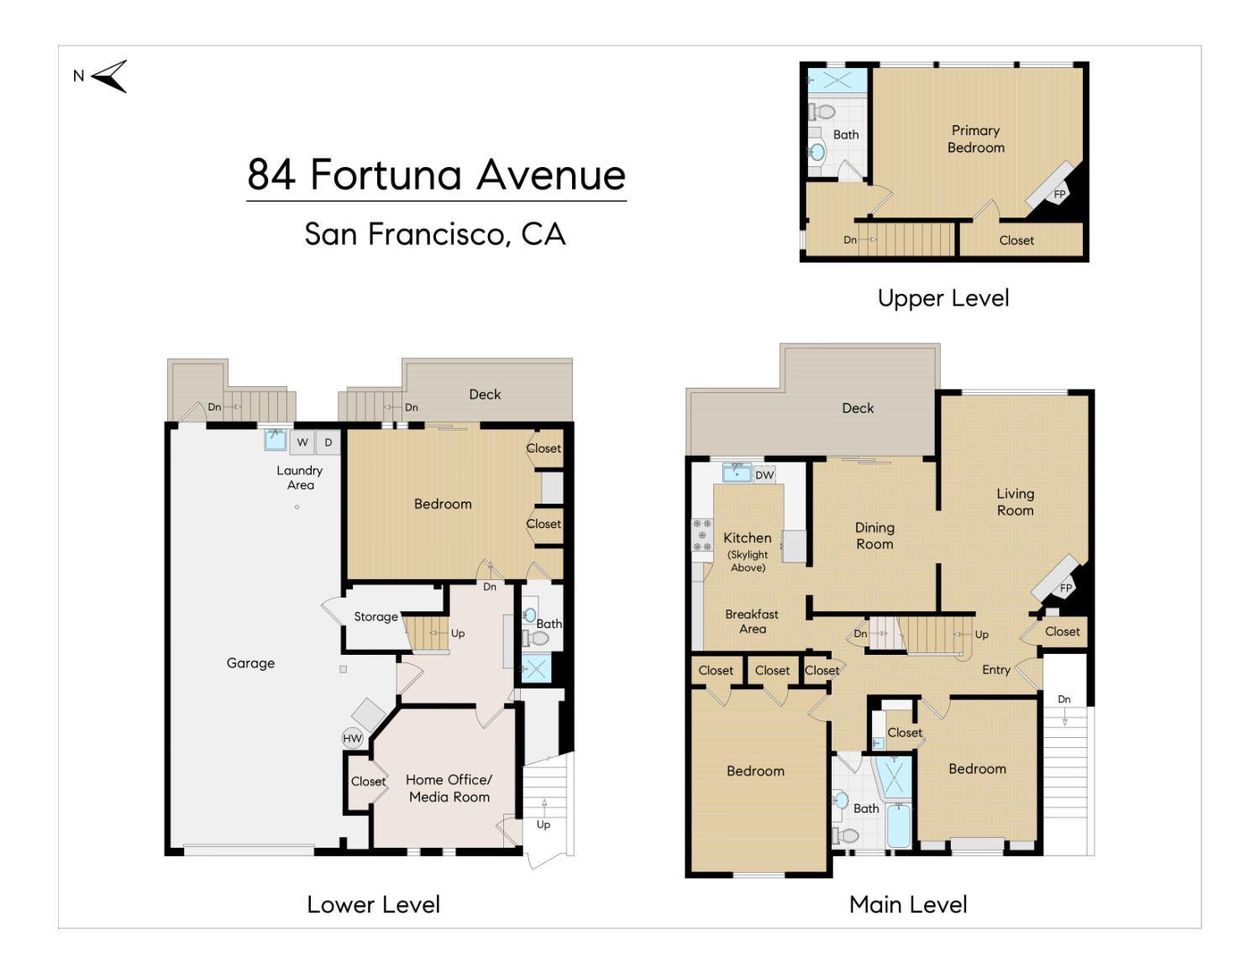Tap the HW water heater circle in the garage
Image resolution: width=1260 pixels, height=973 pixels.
[x=352, y=738]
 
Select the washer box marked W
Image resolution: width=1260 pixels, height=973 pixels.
[x=302, y=442]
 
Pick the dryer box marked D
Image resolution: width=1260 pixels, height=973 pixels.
[x=328, y=442]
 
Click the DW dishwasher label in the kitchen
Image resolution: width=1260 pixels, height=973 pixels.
[x=764, y=474]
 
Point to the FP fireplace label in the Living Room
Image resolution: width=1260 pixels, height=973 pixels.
[x=1066, y=589]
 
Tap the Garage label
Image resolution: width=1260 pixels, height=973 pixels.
[x=250, y=663]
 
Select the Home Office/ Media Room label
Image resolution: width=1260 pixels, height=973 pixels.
[x=449, y=788]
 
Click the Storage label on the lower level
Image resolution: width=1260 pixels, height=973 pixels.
[x=375, y=616]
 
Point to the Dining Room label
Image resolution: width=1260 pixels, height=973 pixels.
[x=875, y=536]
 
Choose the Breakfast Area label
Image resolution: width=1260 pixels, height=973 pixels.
[x=752, y=621]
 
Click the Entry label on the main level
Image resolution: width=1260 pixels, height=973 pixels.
[x=996, y=670]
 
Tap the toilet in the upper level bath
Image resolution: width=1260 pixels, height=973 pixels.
[x=822, y=110]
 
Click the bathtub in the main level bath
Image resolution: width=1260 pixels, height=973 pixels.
[x=899, y=824]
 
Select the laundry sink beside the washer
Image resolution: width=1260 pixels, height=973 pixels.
[x=276, y=440]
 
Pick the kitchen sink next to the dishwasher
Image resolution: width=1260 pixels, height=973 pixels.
[x=737, y=473]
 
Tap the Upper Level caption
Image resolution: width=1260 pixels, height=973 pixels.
[x=943, y=299]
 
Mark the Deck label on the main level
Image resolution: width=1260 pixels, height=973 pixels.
[x=858, y=408]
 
